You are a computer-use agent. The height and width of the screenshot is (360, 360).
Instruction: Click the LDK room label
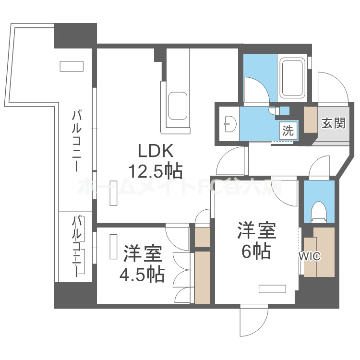tap(155, 151)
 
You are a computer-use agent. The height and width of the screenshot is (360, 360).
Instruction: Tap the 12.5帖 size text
tap(155, 169)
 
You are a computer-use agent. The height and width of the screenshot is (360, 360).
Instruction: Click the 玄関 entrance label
tap(333, 123)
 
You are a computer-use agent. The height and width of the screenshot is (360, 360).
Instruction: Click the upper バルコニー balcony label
tap(76, 141)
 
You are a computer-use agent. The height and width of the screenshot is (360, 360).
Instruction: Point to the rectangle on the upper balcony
tap(71, 66)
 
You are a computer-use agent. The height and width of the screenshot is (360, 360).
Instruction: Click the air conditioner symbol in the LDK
tap(113, 193)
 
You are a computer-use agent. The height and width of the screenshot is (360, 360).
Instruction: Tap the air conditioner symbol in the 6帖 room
tap(272, 288)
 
